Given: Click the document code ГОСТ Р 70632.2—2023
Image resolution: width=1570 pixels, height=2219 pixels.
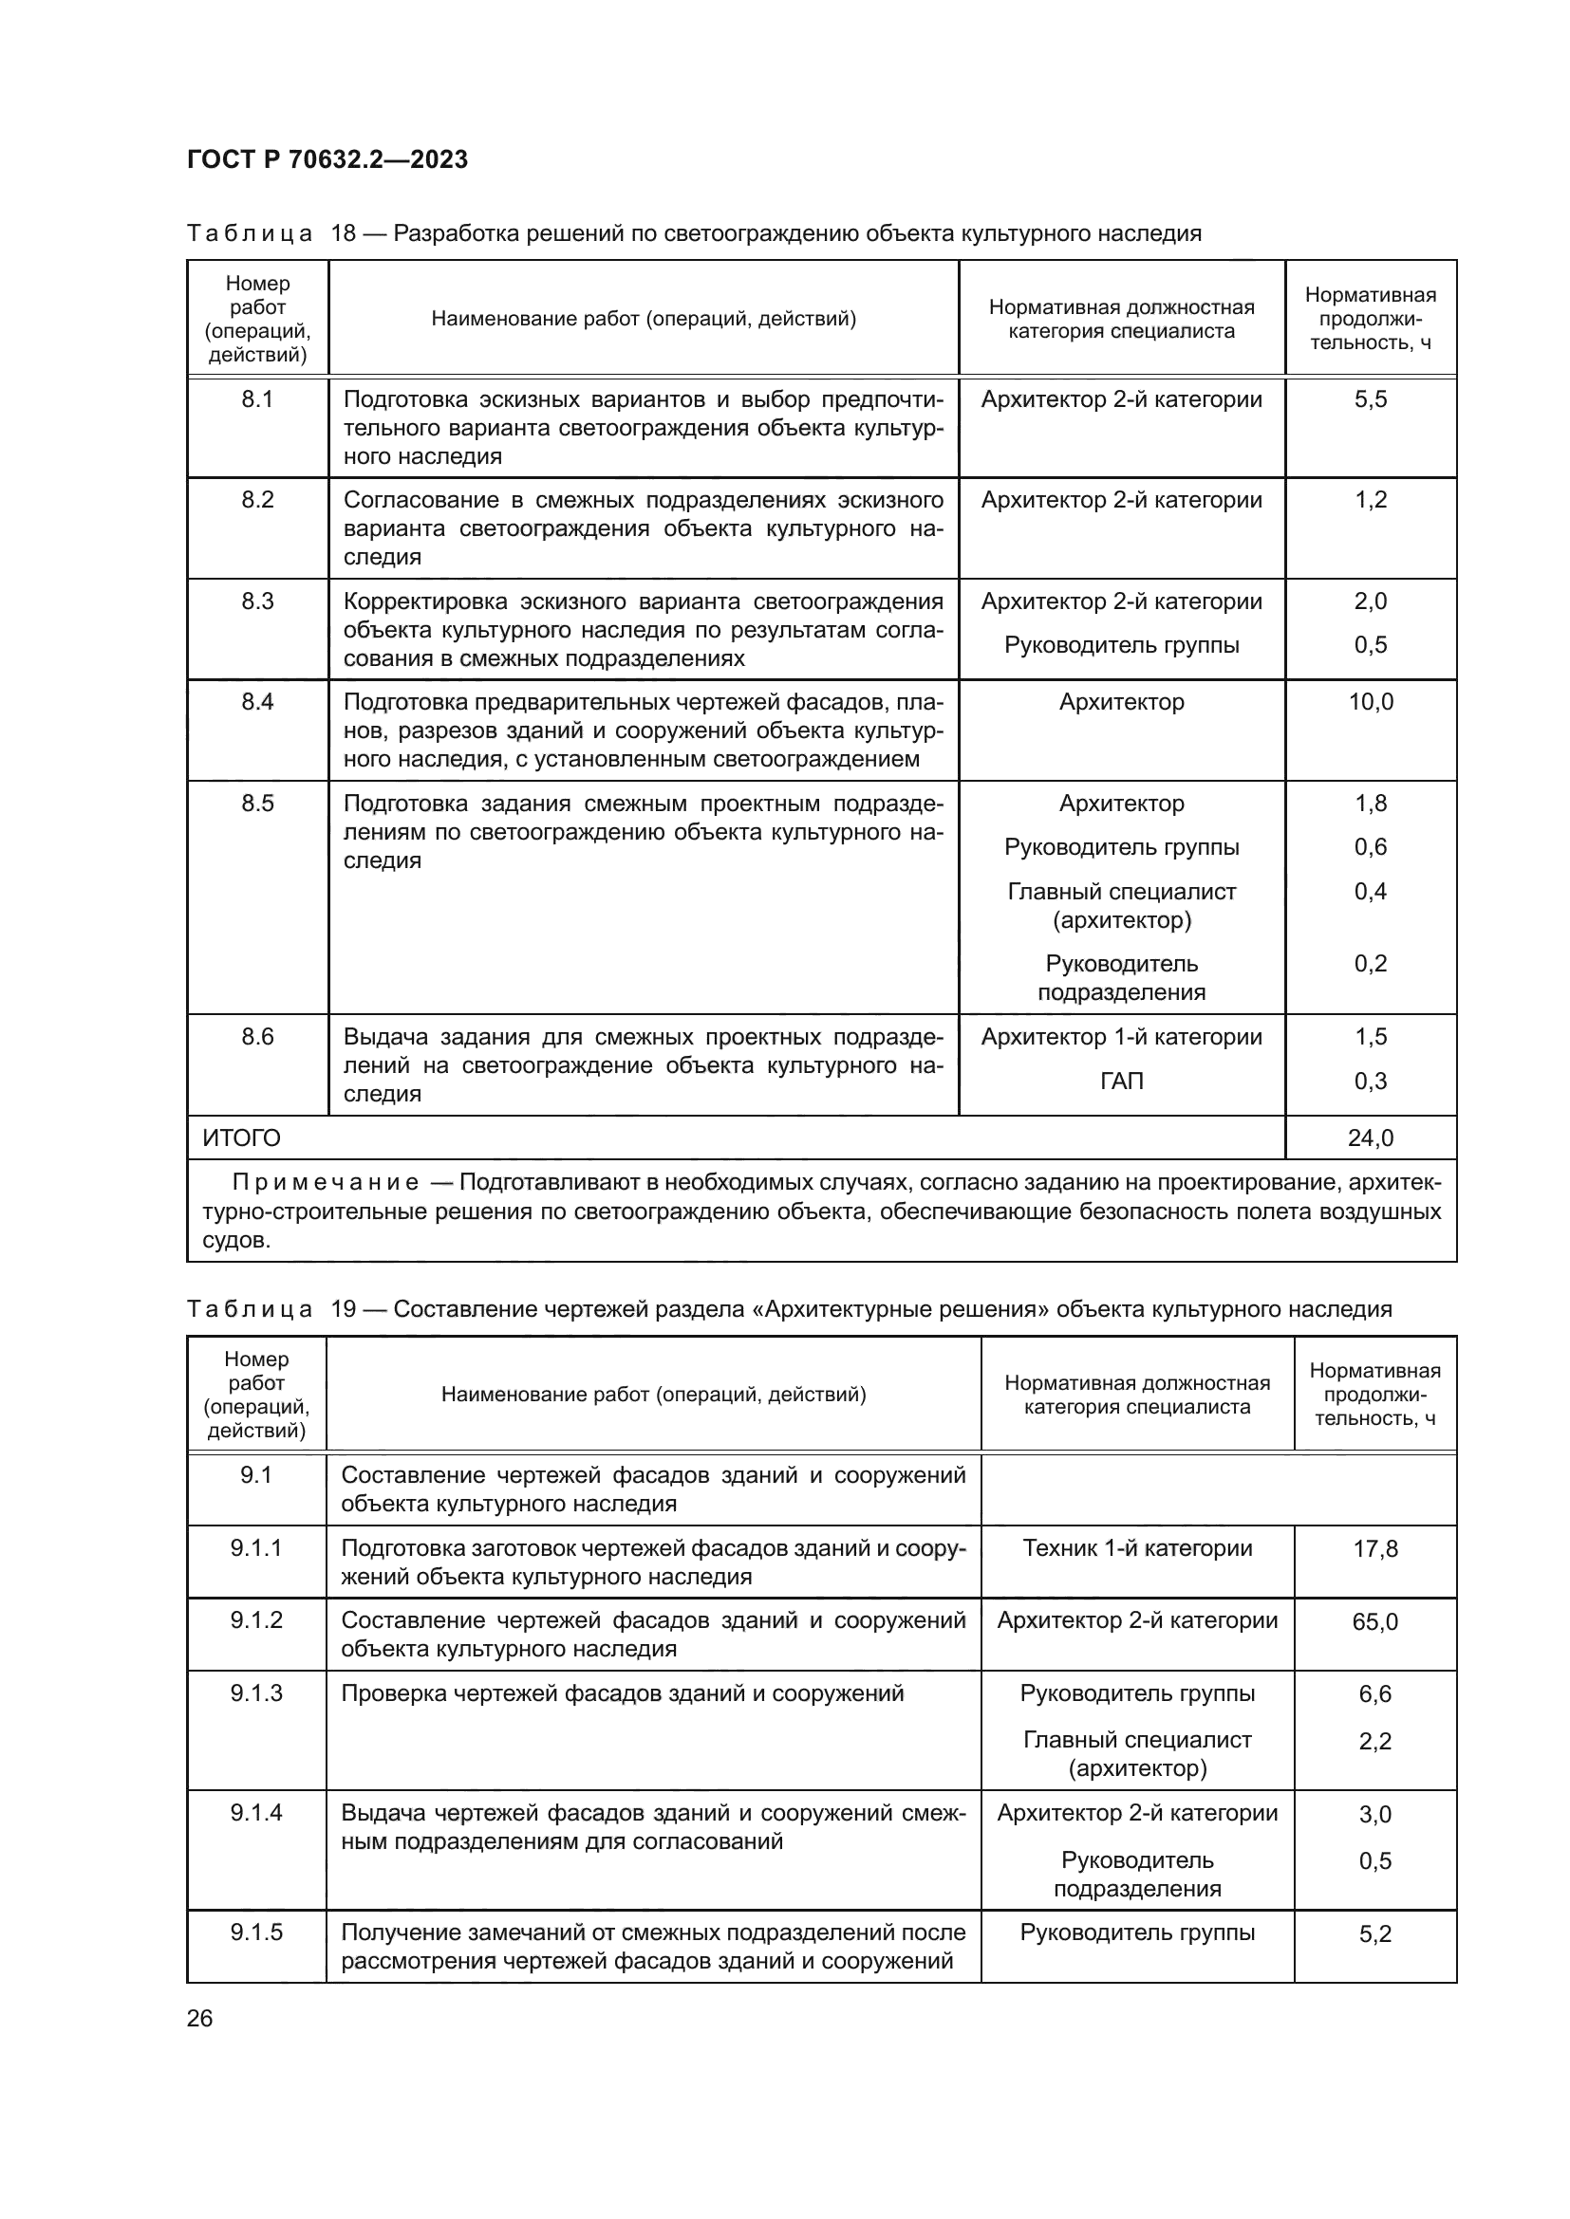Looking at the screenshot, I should coord(327,159).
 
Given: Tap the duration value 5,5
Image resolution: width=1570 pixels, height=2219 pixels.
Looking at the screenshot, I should coord(1370,399).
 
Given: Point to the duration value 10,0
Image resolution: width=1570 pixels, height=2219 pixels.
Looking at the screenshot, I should coord(1370,702).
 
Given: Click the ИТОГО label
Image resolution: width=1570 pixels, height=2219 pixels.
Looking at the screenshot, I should coord(242,1137).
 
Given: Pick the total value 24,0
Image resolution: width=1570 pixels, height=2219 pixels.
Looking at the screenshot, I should coord(1370,1137).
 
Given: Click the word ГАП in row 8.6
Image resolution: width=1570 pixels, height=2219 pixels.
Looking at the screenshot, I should coord(1121,1081).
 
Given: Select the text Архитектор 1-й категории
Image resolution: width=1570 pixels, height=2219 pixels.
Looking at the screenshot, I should coord(1121,1037).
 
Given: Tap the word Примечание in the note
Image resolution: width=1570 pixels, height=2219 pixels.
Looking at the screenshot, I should coord(326,1182).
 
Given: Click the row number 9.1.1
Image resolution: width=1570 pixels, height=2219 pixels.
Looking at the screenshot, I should coord(256,1547).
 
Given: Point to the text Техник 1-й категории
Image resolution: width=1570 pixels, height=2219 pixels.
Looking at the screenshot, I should coord(1137,1547).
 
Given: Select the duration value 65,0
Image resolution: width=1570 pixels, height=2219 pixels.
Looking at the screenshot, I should coord(1374,1620).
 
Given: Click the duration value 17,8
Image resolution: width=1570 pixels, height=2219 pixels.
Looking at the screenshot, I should coord(1374,1548).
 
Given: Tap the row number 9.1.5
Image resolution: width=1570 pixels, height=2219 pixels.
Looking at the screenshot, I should coord(256,1932).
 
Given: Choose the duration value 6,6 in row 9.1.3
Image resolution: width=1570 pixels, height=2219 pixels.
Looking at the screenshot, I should coord(1374,1694).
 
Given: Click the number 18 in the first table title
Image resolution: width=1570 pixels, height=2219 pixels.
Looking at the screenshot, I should coord(344,233).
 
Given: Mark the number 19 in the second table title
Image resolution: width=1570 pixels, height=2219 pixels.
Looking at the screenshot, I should coord(344,1308).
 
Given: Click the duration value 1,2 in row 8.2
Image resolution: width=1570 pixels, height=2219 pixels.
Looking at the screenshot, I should coord(1370,500).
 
